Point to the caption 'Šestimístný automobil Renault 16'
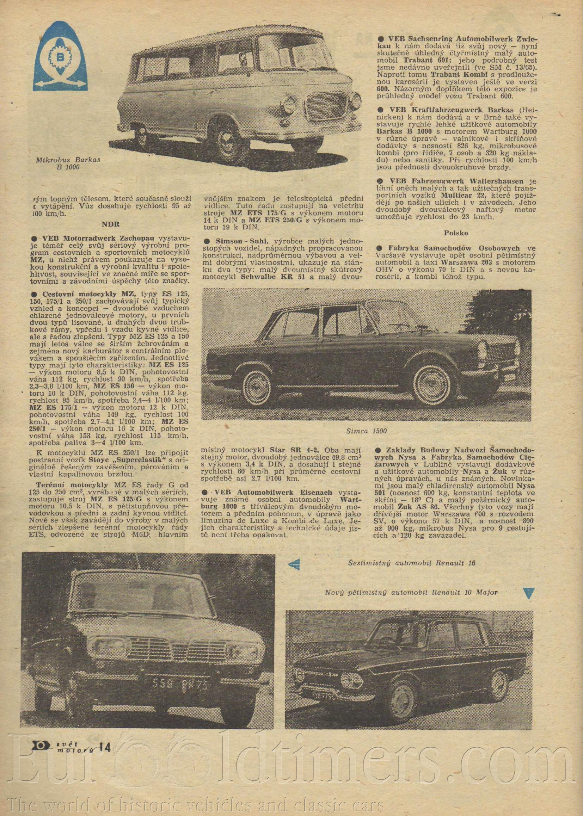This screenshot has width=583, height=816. coord(411,563)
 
